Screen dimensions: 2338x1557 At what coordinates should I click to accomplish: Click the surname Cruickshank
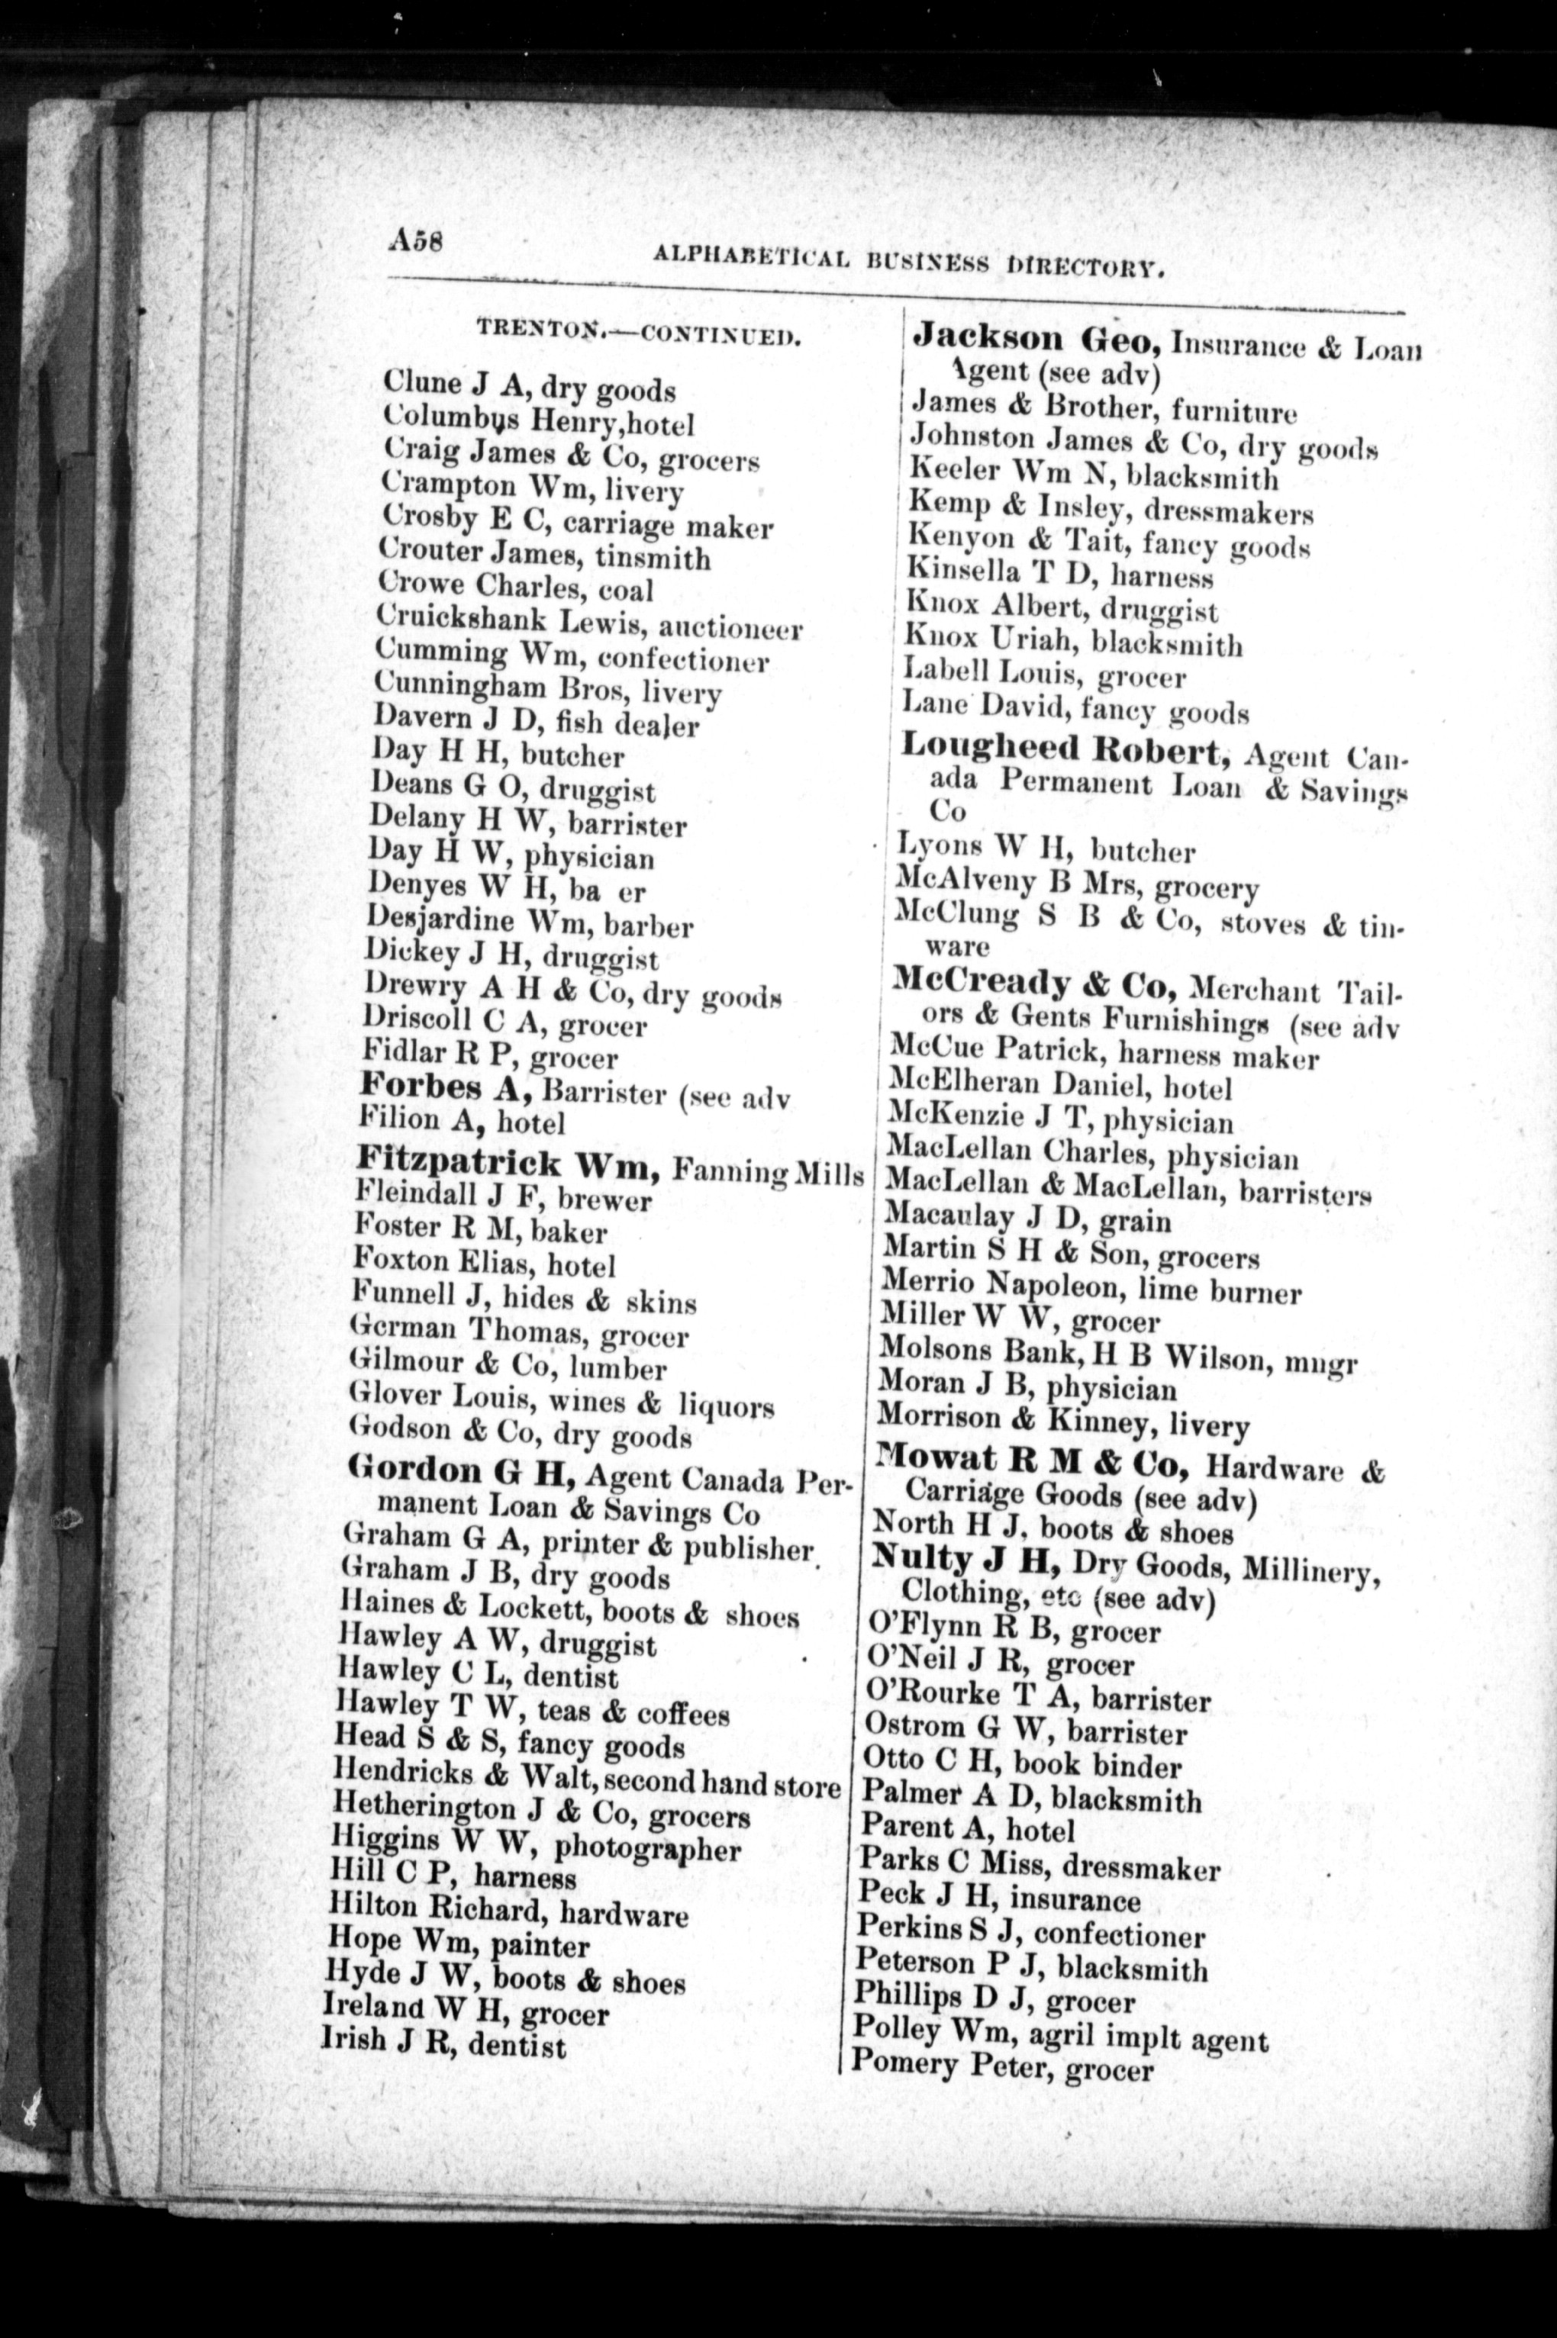pyautogui.click(x=463, y=620)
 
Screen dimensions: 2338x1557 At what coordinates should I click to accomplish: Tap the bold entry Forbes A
pyautogui.click(x=444, y=1088)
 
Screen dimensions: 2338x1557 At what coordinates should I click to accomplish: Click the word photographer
pyautogui.click(x=647, y=1850)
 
